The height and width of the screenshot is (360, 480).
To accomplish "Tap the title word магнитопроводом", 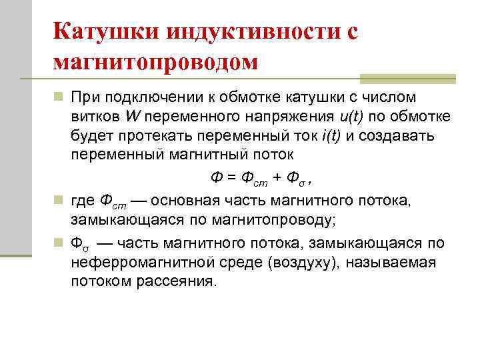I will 155,61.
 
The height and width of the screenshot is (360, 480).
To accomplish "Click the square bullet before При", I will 58,99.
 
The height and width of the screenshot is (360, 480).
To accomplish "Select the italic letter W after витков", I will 132,117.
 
